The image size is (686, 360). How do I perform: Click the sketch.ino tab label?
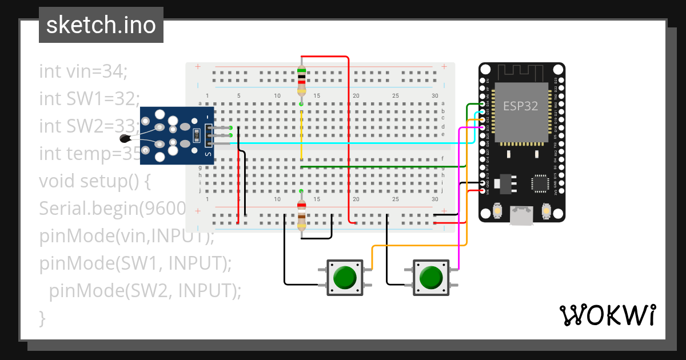pos(101,25)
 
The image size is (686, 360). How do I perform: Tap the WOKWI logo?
pos(607,315)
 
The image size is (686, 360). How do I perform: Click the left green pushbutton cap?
pos(345,278)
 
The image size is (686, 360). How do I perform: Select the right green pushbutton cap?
pos(430,278)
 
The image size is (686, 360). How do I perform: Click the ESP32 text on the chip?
pos(520,106)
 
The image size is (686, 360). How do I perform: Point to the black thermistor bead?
pos(124,138)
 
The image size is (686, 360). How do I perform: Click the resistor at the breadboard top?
pos(301,81)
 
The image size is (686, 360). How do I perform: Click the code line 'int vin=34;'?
pos(83,71)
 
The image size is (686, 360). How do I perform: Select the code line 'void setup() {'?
pos(94,181)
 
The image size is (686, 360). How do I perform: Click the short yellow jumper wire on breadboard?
pos(301,134)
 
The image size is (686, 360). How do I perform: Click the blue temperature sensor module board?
pos(177,135)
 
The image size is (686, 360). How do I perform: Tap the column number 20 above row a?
pos(356,95)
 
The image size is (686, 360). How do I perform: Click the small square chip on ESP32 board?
pos(540,183)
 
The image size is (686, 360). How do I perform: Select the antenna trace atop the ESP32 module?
pos(520,73)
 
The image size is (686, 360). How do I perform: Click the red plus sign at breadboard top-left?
pos(198,67)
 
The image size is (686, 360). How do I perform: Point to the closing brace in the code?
pos(42,317)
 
